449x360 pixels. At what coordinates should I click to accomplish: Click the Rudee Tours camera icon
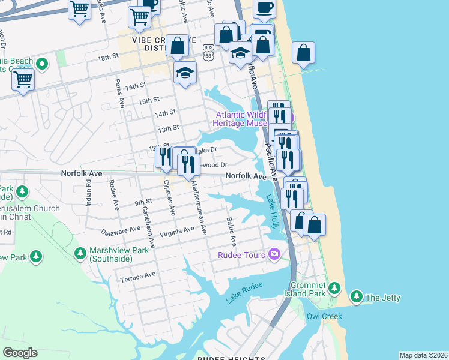tap(275, 255)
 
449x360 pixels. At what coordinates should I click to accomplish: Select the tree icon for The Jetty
tap(357, 297)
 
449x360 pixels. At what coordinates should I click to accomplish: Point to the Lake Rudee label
tap(244, 295)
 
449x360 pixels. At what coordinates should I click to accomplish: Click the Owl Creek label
tap(324, 316)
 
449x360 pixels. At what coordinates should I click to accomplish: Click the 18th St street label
tap(108, 57)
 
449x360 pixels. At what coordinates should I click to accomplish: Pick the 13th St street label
tap(168, 128)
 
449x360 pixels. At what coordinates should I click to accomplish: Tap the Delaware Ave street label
tap(119, 230)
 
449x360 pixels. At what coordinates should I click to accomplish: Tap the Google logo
tap(20, 353)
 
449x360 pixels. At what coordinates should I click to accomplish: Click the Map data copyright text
tap(423, 355)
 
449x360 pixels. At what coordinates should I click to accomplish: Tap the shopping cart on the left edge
tap(23, 79)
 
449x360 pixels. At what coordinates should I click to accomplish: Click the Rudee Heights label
tap(231, 358)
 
